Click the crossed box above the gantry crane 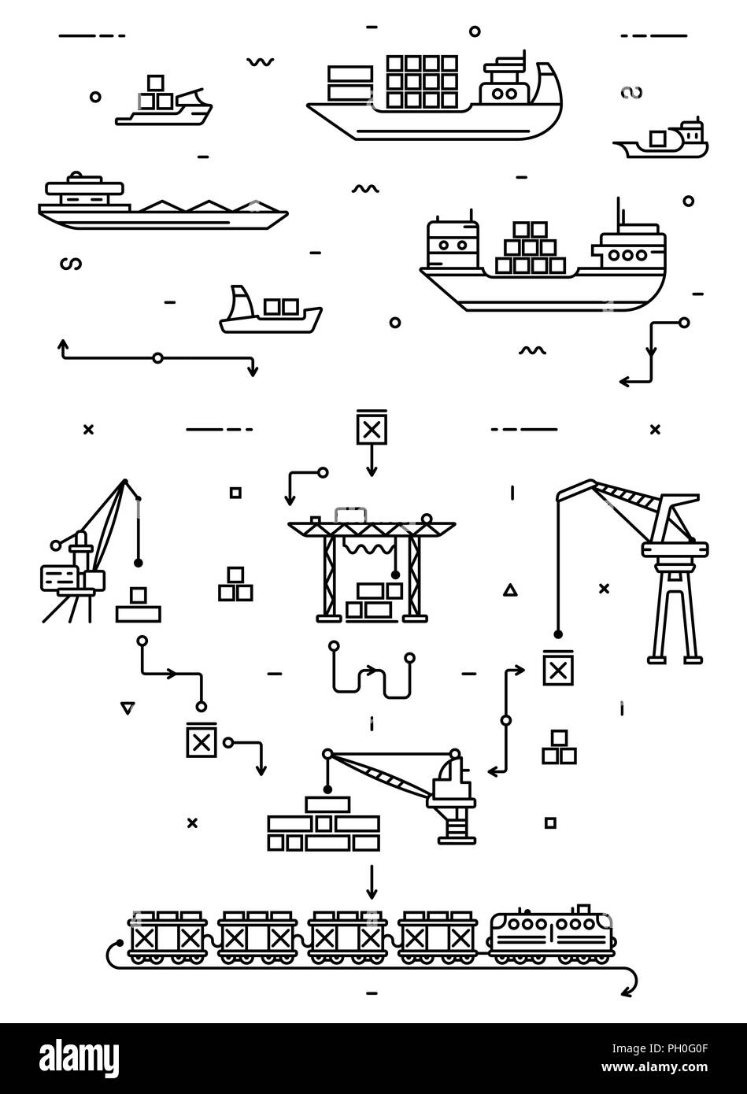point(372,429)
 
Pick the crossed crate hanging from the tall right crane point(558,670)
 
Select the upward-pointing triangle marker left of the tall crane point(509,589)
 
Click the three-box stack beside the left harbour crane point(235,585)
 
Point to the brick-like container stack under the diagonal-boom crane point(323,826)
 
